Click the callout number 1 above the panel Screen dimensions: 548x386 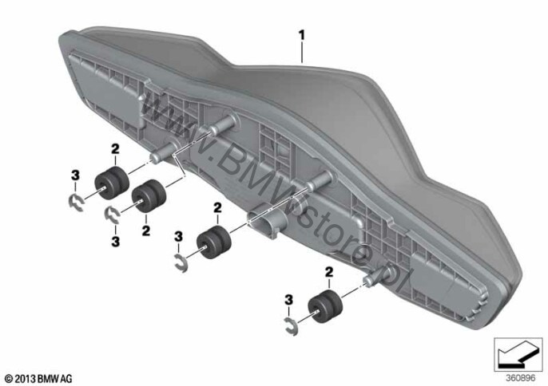pos(301,35)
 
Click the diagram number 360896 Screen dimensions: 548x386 pos(521,378)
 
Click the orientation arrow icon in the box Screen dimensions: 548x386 pos(518,354)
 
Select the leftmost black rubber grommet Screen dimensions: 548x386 pos(112,183)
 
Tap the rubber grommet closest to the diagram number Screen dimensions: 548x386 pos(324,306)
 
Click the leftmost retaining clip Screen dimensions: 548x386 pos(76,204)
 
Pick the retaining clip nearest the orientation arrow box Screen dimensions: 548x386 pos(292,327)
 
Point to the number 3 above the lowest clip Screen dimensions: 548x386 pos(288,299)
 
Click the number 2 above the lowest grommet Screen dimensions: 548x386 pos(329,272)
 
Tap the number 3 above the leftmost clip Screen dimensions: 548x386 pos(75,175)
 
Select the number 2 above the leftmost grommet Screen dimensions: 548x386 pos(115,149)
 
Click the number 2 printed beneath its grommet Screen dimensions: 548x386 pos(146,230)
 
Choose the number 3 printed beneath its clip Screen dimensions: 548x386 pos(115,242)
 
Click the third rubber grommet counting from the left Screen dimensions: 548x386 pos(214,242)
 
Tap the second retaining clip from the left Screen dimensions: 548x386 pos(113,215)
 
